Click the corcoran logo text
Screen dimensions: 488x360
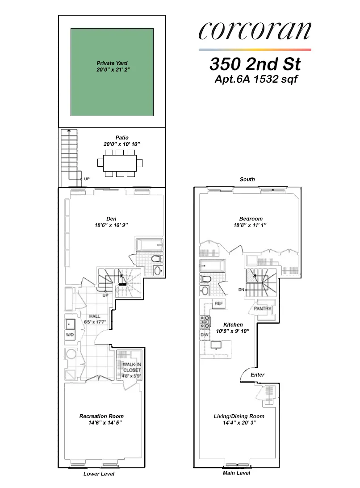[255, 31]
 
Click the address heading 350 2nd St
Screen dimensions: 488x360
[255, 64]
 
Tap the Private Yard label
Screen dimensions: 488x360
[112, 63]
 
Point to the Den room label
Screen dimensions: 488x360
[111, 219]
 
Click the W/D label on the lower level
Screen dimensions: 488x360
[71, 334]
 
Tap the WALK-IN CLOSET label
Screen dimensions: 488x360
[132, 367]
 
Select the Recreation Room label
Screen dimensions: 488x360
[101, 416]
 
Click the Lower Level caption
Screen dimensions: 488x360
[99, 474]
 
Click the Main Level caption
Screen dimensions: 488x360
[236, 473]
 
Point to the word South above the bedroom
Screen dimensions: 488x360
[247, 179]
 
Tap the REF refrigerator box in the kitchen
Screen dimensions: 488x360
[218, 303]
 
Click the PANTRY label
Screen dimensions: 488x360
[263, 308]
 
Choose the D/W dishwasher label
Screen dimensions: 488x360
[205, 334]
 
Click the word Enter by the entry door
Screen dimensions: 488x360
[258, 374]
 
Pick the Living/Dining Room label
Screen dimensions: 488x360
[239, 416]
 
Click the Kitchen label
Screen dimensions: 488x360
[233, 324]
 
